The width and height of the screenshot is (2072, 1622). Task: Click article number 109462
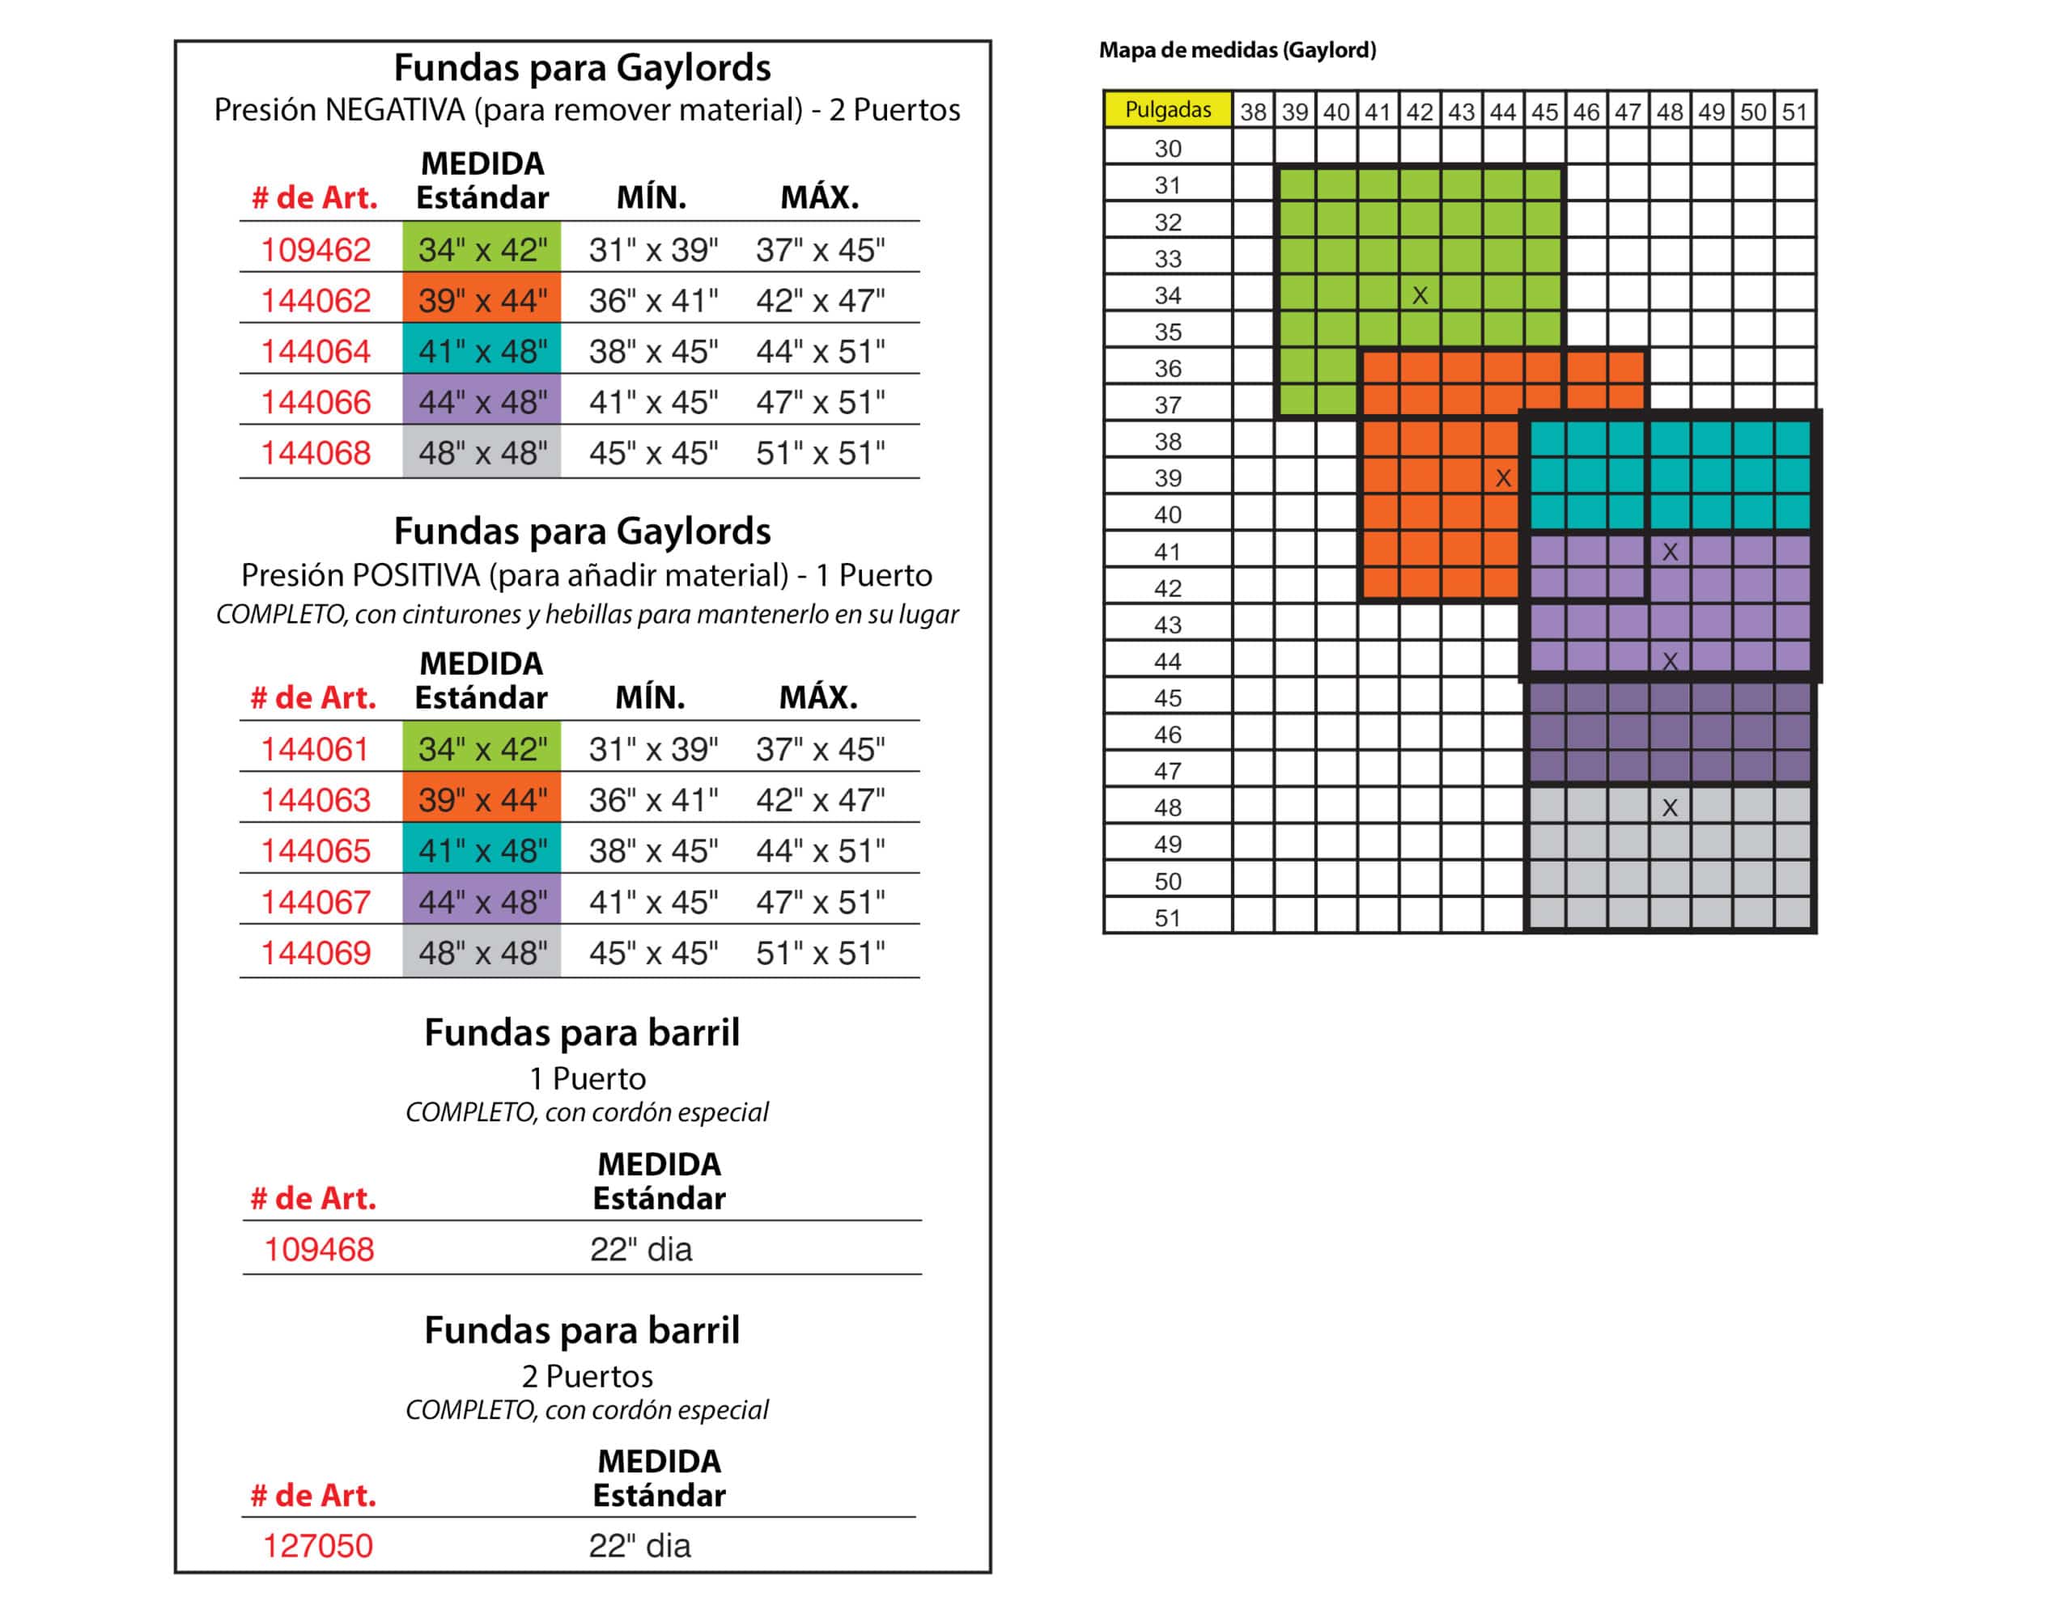[x=316, y=250]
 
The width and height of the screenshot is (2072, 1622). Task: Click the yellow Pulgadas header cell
[x=1168, y=110]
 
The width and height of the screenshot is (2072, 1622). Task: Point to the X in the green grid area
[x=1420, y=295]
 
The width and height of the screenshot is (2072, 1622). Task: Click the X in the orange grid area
[x=1503, y=479]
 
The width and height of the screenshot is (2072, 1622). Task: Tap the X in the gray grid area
[x=1669, y=808]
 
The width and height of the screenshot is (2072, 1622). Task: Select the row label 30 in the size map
[x=1168, y=148]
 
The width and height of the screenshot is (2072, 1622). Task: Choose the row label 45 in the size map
[x=1168, y=698]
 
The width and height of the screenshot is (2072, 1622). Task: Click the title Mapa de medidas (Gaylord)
[x=1237, y=50]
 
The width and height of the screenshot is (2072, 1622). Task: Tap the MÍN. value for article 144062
[x=652, y=301]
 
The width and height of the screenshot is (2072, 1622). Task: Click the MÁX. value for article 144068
[x=820, y=453]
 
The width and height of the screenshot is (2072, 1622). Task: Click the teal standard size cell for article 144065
[x=482, y=851]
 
